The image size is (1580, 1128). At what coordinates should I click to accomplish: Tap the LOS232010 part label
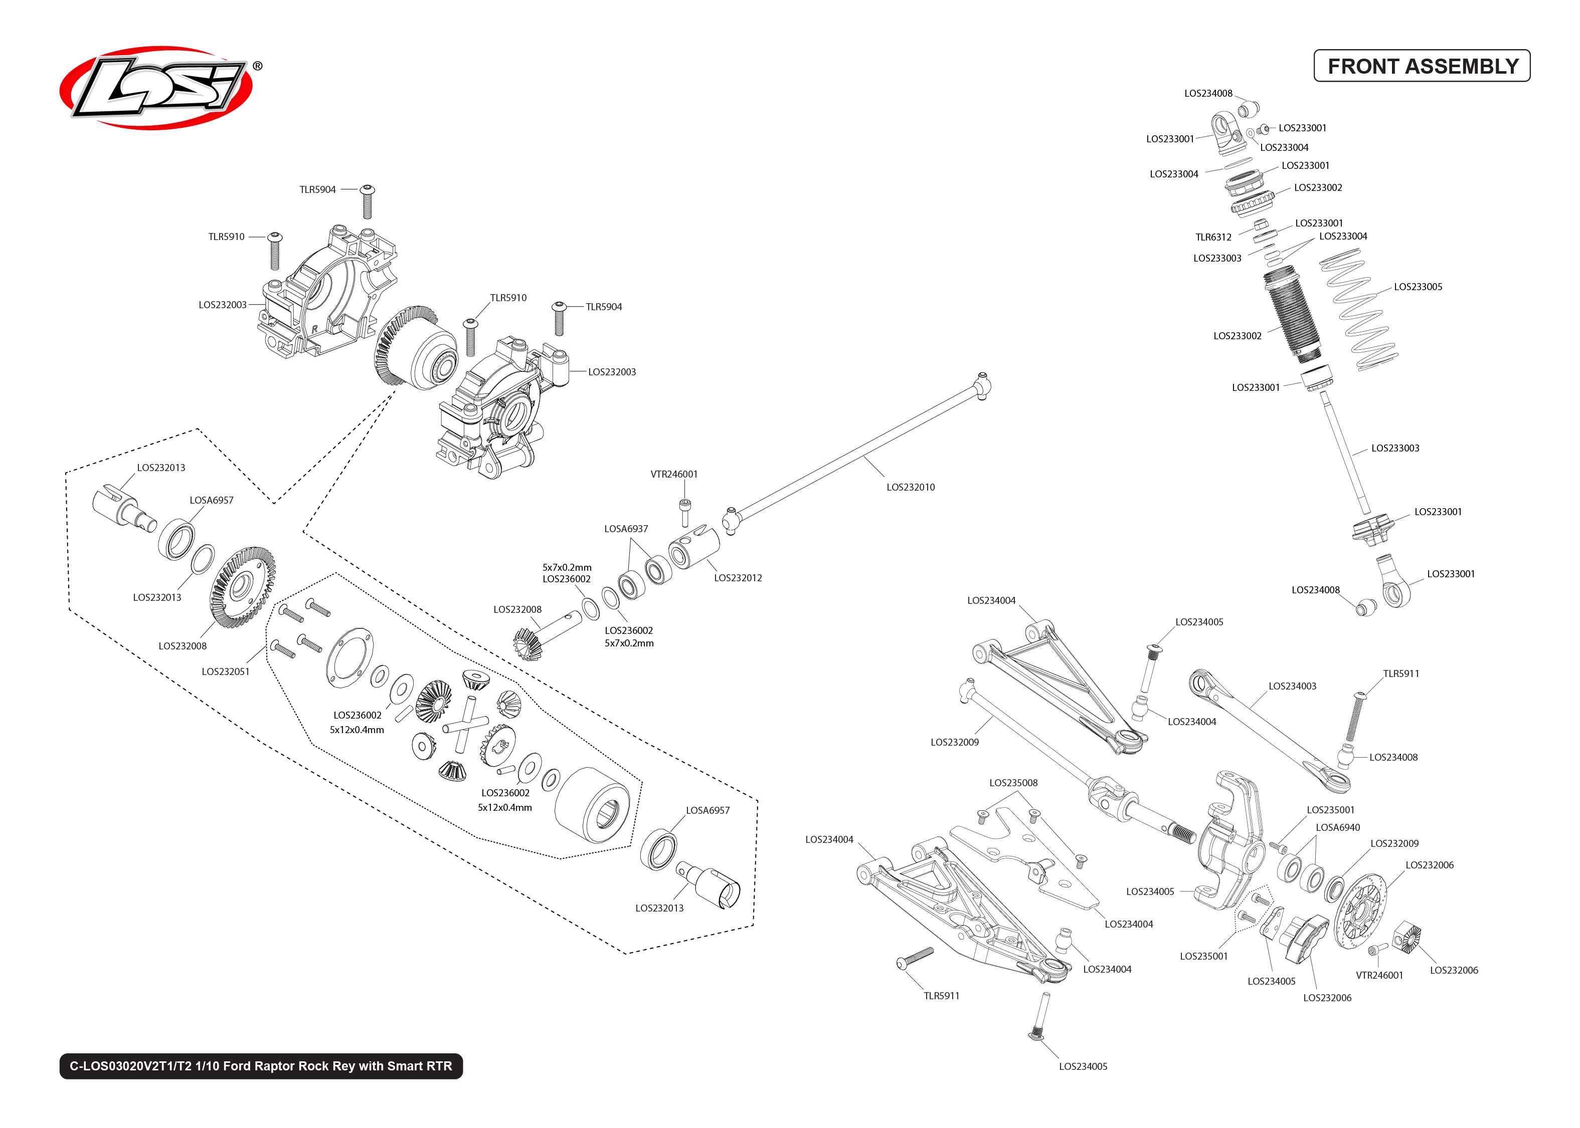[x=910, y=488]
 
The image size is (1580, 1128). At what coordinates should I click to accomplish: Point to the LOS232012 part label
[x=738, y=578]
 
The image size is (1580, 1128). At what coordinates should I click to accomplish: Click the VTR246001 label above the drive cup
[x=674, y=475]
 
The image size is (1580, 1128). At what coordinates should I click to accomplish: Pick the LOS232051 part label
[x=225, y=671]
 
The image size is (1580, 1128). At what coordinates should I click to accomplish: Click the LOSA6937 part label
[x=626, y=529]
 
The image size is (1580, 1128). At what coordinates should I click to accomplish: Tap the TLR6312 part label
[x=1213, y=238]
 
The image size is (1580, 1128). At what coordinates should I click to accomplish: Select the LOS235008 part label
[x=1013, y=783]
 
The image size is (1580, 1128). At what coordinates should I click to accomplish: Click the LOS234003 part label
[x=1292, y=686]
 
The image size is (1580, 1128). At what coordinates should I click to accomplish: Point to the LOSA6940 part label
[x=1337, y=827]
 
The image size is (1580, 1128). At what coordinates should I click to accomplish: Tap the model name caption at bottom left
[x=261, y=1066]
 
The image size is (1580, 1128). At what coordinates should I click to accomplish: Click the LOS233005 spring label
[x=1418, y=287]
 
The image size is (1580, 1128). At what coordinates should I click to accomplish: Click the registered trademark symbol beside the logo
[x=257, y=66]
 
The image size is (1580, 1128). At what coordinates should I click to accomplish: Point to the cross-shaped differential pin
[x=465, y=725]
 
